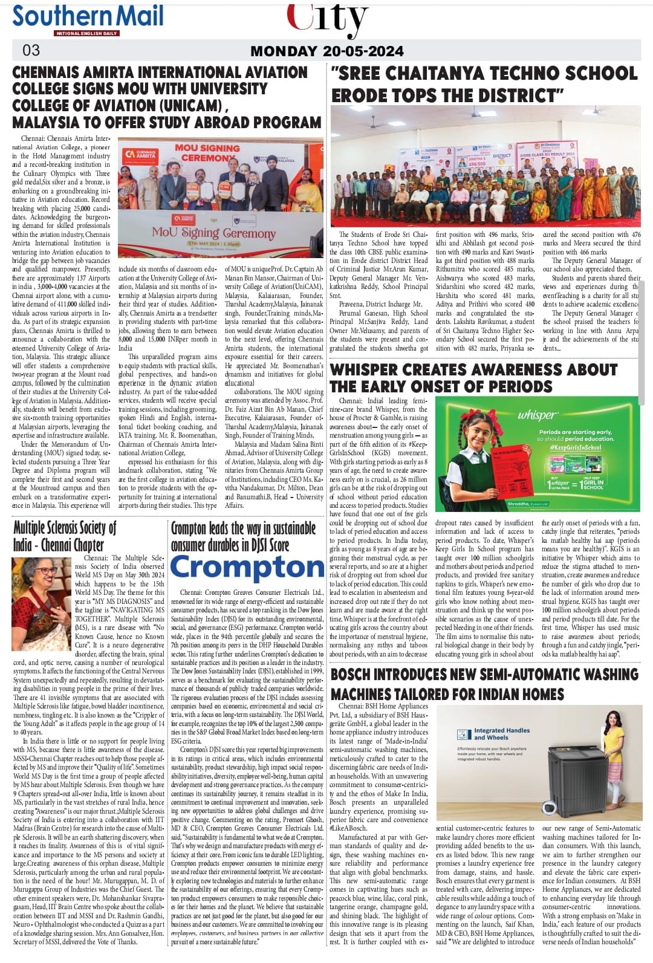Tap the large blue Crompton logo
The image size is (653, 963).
click(247, 568)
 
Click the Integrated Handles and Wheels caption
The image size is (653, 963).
click(501, 734)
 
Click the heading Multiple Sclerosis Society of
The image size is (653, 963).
click(65, 528)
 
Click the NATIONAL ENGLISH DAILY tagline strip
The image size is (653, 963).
click(86, 33)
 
